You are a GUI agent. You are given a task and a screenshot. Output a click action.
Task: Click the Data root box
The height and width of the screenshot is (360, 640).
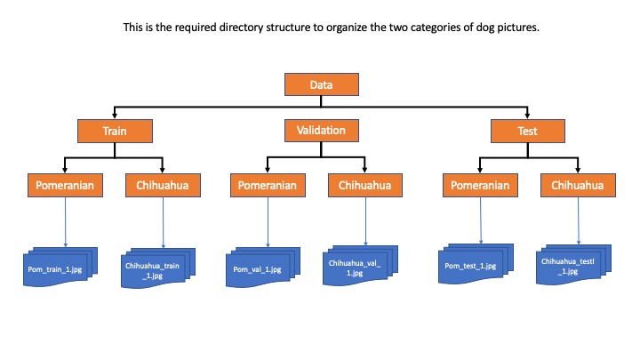click(320, 84)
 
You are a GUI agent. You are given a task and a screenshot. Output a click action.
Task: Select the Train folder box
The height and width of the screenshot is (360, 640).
click(114, 131)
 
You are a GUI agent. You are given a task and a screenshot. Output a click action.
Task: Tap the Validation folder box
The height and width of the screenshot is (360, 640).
click(320, 131)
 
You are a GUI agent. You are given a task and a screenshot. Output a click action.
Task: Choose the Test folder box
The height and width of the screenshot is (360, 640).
click(528, 131)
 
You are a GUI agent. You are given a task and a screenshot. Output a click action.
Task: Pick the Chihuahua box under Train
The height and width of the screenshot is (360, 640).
click(164, 186)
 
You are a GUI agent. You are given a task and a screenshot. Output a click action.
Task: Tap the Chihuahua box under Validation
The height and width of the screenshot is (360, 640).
click(366, 186)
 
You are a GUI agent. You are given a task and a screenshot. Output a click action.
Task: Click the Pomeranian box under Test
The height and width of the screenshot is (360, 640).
click(480, 186)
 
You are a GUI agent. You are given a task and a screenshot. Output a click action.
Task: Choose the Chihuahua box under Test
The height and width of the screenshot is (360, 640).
click(578, 186)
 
